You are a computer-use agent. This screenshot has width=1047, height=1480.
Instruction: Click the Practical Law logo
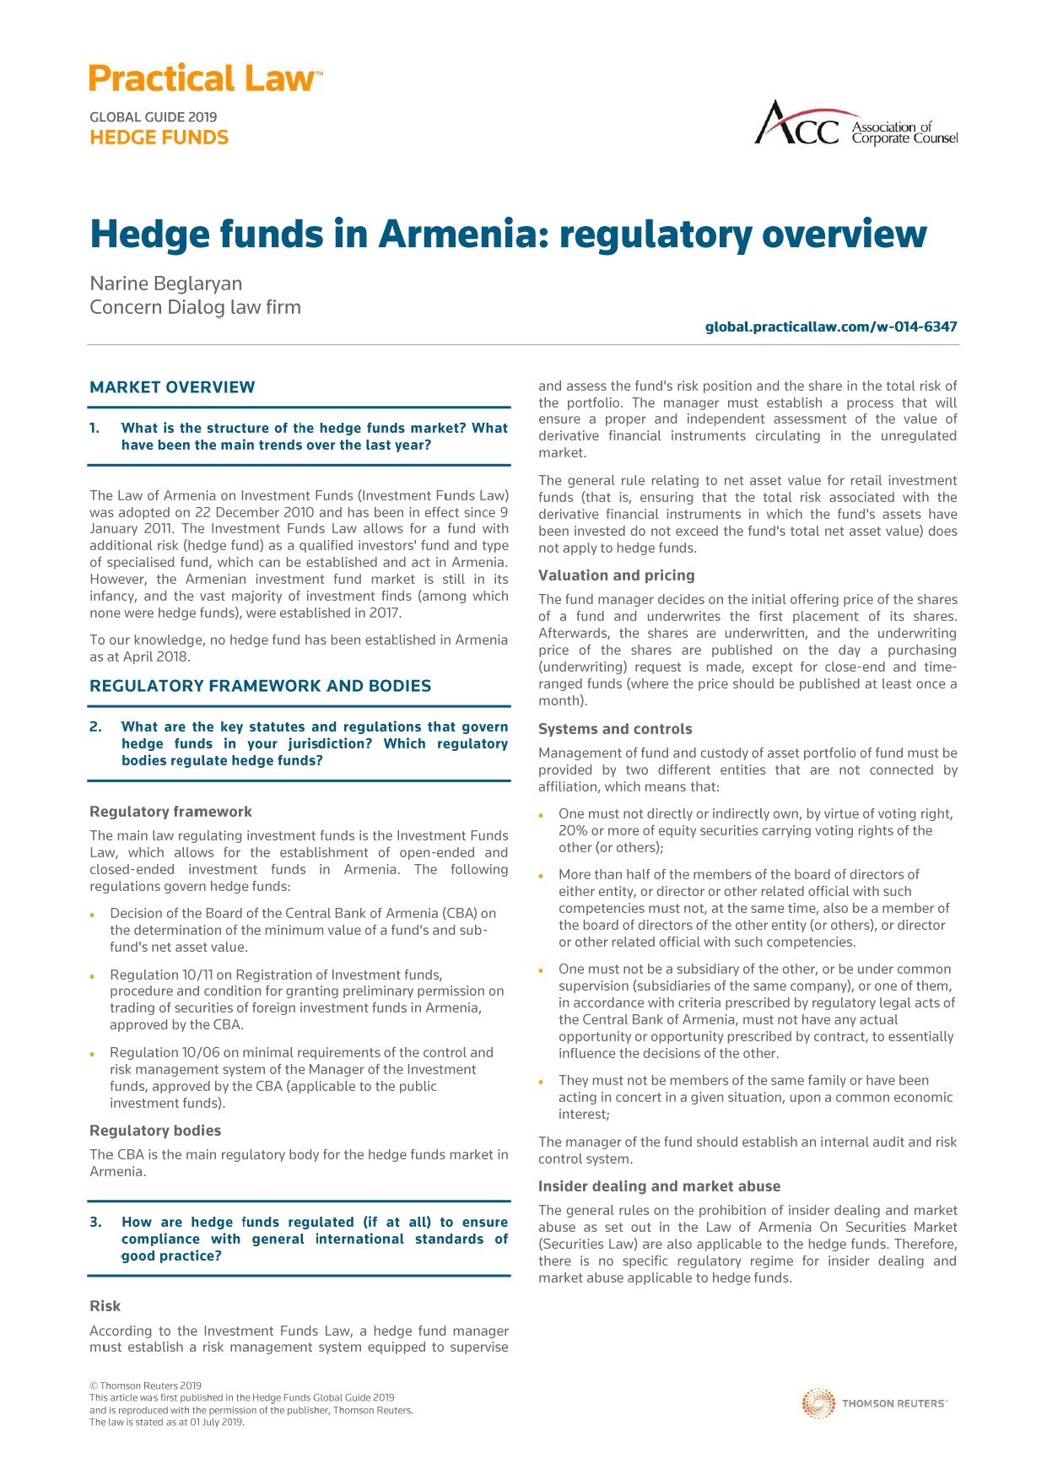tap(206, 78)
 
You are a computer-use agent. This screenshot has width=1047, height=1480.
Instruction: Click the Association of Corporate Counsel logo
tap(855, 124)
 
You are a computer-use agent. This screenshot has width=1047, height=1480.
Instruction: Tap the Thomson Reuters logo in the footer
tap(874, 1403)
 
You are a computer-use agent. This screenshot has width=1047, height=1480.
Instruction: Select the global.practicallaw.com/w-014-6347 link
tap(831, 327)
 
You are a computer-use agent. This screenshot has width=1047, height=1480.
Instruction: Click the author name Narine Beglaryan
tap(166, 284)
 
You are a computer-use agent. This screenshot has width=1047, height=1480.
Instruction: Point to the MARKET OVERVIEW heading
tap(172, 387)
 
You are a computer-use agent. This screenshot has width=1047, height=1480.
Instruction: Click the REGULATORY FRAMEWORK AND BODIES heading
tap(260, 686)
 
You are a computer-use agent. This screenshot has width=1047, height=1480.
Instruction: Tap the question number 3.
tap(95, 1222)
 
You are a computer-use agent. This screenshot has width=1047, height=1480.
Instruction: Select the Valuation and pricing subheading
tap(617, 575)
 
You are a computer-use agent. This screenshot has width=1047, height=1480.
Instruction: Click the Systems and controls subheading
tap(615, 729)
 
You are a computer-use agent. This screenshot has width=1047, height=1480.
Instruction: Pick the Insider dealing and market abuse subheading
tap(659, 1186)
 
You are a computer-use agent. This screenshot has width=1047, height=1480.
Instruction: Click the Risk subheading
tap(105, 1306)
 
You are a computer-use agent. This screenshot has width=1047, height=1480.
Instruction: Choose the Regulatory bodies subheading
tap(155, 1131)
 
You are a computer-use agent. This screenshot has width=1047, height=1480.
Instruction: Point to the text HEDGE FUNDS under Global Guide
tap(159, 138)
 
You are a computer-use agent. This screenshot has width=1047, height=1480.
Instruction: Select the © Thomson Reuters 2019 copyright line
tap(145, 1385)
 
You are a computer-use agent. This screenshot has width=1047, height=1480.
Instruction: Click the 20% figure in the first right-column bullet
tap(573, 831)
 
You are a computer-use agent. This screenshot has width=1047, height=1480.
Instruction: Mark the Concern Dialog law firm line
tap(195, 307)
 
